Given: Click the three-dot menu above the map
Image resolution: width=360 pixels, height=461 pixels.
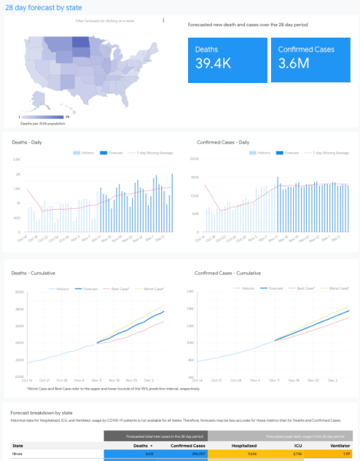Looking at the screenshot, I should click(x=163, y=21).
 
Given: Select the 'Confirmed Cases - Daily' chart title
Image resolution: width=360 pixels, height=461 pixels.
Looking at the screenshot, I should click(x=223, y=143).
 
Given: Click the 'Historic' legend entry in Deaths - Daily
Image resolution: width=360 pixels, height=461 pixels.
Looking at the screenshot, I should click(x=86, y=153).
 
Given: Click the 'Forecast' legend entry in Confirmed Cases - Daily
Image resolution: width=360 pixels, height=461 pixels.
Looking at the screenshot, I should click(x=289, y=153).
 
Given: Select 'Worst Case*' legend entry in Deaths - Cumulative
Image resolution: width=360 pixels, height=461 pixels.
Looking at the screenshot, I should click(x=148, y=289).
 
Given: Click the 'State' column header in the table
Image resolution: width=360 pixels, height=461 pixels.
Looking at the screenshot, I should click(x=18, y=445).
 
